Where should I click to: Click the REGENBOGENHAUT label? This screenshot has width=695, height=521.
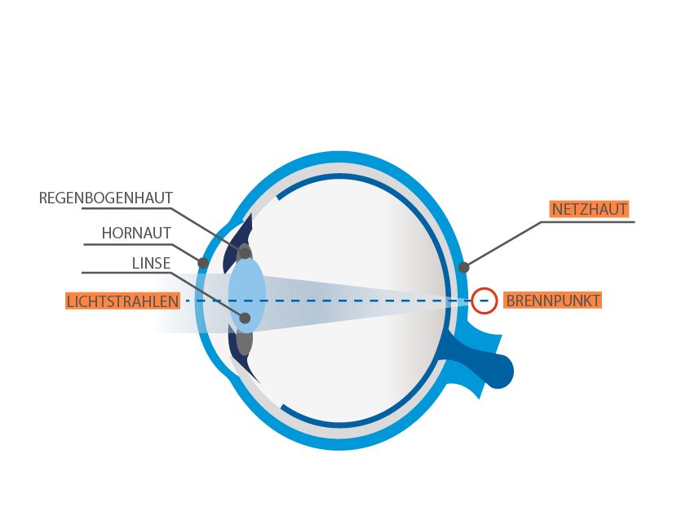105,198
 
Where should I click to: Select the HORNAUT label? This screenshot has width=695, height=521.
136,233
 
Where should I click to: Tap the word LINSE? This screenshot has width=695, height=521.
151,263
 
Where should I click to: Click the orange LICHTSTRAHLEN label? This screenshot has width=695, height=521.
123,301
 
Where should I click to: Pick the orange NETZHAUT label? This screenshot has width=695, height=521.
589,209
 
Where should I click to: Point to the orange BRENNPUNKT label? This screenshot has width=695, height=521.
553,301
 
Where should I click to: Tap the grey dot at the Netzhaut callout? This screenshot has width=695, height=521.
463,268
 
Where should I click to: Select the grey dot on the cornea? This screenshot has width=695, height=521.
203,263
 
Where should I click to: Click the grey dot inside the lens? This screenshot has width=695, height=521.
245,318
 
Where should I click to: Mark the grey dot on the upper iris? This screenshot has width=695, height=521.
245,253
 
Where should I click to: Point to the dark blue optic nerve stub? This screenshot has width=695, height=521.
481,358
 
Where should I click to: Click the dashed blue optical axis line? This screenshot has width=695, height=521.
338,301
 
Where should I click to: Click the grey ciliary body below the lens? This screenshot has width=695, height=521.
244,341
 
